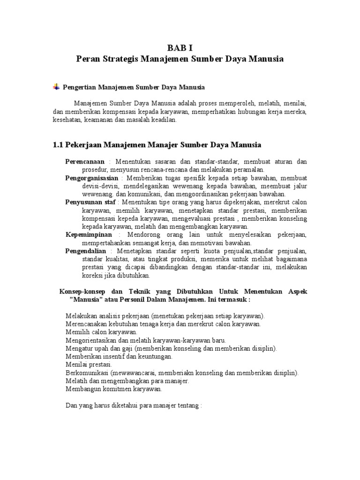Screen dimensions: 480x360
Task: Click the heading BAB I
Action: [180, 48]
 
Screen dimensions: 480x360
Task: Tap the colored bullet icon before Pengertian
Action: [56, 87]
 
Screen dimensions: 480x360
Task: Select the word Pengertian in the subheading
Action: [79, 87]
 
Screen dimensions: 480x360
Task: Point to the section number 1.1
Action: [58, 144]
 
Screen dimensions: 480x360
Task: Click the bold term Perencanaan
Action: [84, 162]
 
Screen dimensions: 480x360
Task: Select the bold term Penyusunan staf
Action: [90, 202]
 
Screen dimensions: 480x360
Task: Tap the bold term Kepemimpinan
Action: [89, 234]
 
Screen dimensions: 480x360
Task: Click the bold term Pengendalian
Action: [86, 251]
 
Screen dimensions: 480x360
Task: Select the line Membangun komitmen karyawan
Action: [114, 389]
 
